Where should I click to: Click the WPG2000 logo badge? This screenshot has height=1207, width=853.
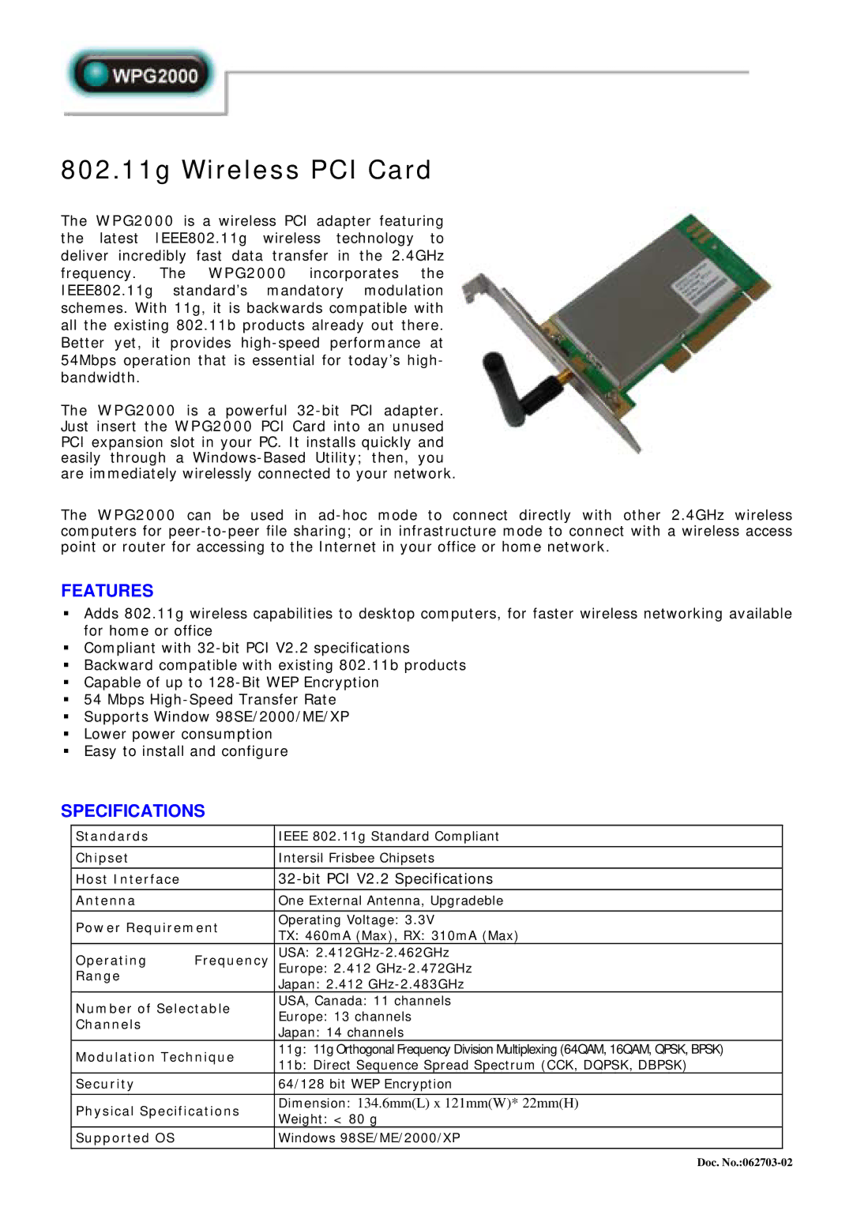click(142, 76)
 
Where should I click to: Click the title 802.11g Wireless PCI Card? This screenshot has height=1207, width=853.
click(246, 170)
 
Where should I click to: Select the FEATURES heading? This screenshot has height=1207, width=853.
click(107, 591)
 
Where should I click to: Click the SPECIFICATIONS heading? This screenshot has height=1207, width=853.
click(133, 811)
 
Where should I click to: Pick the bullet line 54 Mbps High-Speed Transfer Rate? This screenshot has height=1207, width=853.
click(210, 700)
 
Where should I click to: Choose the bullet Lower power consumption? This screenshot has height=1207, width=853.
click(178, 735)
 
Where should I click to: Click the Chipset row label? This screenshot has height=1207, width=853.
click(102, 858)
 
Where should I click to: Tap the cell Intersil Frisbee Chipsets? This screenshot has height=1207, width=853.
click(356, 858)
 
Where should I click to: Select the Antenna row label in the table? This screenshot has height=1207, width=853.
click(105, 901)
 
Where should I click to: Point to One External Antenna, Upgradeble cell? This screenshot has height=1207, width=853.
click(390, 901)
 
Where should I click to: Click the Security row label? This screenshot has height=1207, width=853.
click(104, 1085)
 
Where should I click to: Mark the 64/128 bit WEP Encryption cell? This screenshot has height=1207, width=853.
click(365, 1085)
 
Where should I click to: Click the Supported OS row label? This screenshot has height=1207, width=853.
click(125, 1138)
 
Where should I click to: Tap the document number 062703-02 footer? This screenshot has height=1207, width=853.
click(744, 1162)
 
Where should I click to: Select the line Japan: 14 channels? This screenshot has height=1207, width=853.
click(340, 1032)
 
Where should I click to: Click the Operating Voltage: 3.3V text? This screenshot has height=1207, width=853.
click(356, 920)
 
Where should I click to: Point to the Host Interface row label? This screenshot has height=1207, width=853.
click(127, 879)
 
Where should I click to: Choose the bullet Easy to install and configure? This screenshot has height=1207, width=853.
click(186, 752)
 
